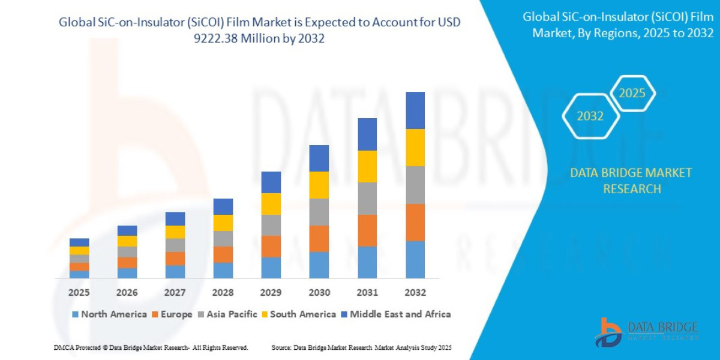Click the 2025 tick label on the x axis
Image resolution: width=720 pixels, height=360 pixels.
click(x=79, y=293)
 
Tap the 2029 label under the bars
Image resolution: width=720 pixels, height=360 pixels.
click(x=271, y=293)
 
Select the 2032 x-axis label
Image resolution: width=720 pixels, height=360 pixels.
click(x=415, y=293)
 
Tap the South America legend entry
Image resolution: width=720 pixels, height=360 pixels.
click(x=298, y=314)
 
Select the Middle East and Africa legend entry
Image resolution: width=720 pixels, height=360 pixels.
click(x=395, y=314)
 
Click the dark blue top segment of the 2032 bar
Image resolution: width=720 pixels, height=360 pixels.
click(x=415, y=110)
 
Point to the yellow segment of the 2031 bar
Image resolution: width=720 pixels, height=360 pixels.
click(x=367, y=166)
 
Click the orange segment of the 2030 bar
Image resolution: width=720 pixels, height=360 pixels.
click(x=319, y=238)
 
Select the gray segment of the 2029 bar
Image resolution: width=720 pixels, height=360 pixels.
click(x=271, y=225)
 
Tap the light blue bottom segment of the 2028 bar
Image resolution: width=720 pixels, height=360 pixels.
click(x=223, y=270)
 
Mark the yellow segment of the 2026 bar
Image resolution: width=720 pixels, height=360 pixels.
click(x=127, y=241)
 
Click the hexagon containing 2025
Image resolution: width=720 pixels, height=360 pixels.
click(x=632, y=94)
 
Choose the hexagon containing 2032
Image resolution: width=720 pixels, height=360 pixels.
click(x=590, y=116)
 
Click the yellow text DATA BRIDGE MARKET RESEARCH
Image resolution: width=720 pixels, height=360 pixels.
click(x=631, y=181)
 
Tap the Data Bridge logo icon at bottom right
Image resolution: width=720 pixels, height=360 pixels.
click(x=609, y=332)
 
